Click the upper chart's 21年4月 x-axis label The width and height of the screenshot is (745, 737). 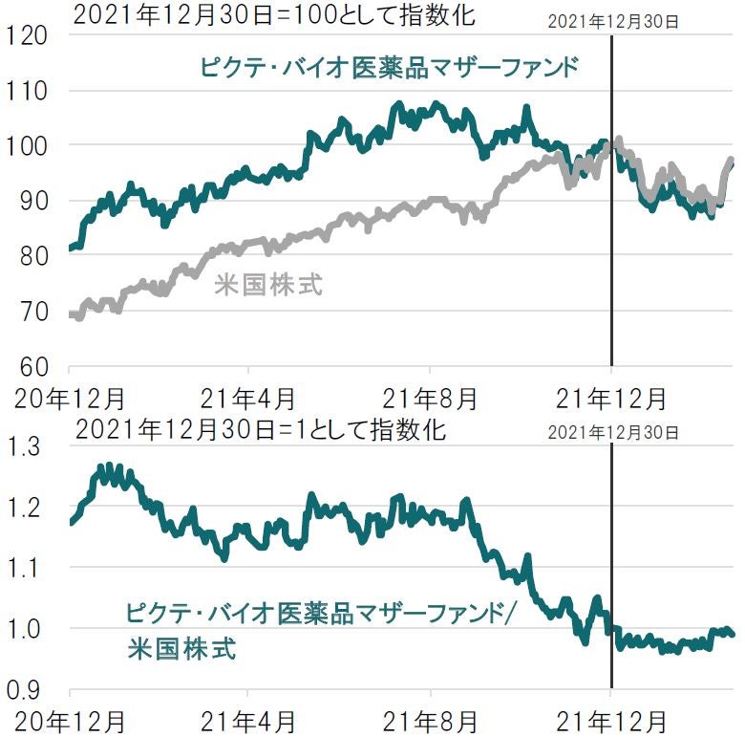(248, 395)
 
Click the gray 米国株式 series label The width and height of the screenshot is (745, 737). (268, 284)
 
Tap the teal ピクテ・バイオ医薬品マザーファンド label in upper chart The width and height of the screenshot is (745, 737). (390, 67)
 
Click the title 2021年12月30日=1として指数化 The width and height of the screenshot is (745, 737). (260, 430)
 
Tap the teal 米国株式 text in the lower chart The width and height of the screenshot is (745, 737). (181, 649)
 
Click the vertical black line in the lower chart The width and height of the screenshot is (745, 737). (611, 574)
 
